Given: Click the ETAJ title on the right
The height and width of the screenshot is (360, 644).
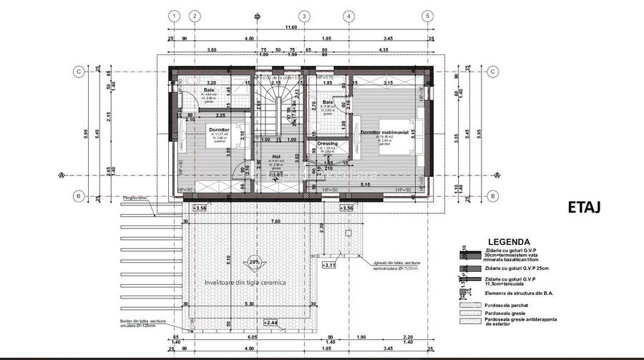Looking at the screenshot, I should pos(584,207).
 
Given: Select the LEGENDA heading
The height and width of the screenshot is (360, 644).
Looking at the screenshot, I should pos(508,242).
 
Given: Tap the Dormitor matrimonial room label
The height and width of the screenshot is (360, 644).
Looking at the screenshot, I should pos(384,132).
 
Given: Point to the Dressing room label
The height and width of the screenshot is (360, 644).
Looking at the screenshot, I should pos(327,144).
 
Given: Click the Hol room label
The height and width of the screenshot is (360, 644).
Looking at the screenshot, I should pos(275,156).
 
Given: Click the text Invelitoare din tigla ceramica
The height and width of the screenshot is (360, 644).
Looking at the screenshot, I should pos(245,283).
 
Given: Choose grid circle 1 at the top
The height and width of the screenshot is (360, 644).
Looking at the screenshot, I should pos(174,16).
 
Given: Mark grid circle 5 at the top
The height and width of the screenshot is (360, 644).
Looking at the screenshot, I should pos(426,16).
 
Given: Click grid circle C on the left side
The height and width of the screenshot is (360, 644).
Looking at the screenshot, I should pos(77,71).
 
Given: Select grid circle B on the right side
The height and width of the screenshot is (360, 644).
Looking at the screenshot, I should pos(492,196).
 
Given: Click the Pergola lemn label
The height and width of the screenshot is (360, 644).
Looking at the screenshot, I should pos(135,198).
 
